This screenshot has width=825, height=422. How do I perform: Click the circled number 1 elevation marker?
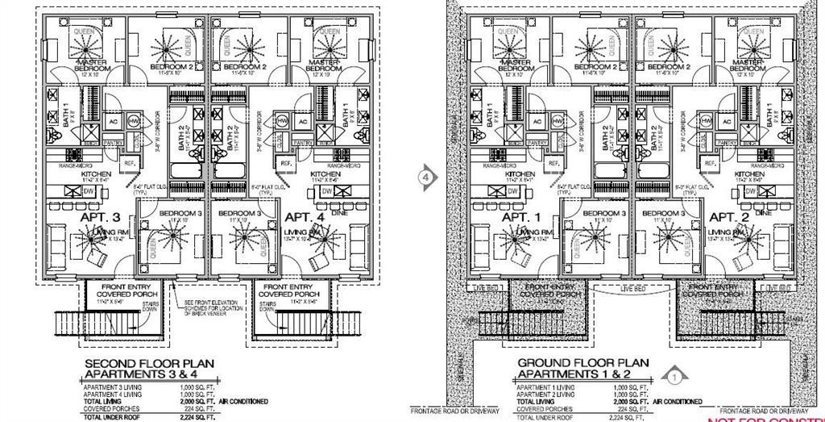(676, 374)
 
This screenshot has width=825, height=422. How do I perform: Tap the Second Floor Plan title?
(149, 369)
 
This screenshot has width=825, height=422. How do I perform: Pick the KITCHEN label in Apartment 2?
(749, 173)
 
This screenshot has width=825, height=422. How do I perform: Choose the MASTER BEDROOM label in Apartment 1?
(516, 65)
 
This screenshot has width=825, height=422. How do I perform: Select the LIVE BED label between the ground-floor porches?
(632, 288)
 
